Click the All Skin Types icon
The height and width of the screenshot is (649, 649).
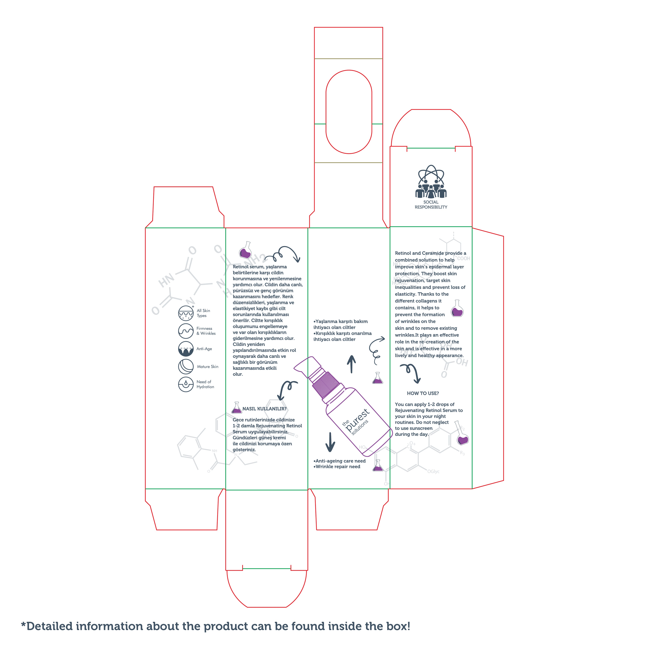tap(186, 313)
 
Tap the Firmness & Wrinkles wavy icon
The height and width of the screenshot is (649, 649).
tap(186, 331)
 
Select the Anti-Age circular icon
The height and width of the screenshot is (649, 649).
tap(186, 349)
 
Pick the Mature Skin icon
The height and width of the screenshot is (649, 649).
tap(186, 366)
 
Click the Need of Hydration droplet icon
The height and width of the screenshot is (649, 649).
tap(186, 384)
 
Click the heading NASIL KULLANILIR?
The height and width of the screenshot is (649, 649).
tap(264, 409)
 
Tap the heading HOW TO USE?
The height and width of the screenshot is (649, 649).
tap(423, 393)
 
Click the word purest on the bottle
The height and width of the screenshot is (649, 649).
tap(357, 420)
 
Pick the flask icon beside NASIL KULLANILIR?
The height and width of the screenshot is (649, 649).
tap(237, 408)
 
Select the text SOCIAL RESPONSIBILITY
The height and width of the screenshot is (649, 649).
tap(431, 205)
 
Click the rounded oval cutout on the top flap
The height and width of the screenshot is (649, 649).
tap(349, 112)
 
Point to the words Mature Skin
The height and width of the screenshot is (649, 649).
tap(208, 366)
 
